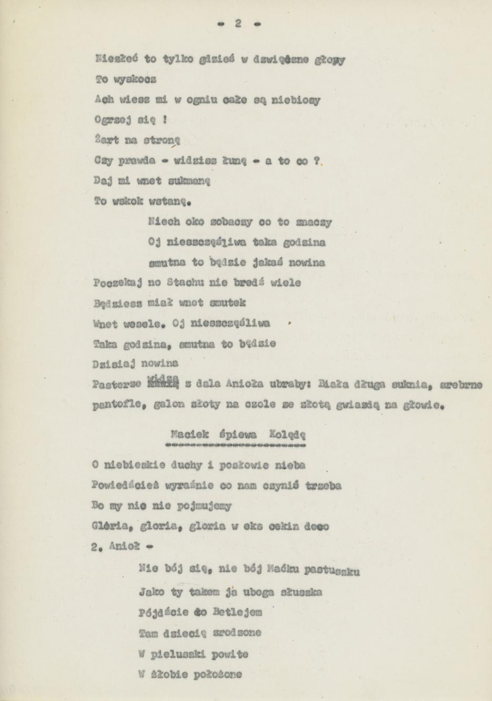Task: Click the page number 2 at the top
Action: pos(238,24)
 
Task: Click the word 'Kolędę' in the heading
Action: pos(287,435)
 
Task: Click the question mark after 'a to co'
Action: pos(317,161)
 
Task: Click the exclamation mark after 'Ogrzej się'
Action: pos(165,120)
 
